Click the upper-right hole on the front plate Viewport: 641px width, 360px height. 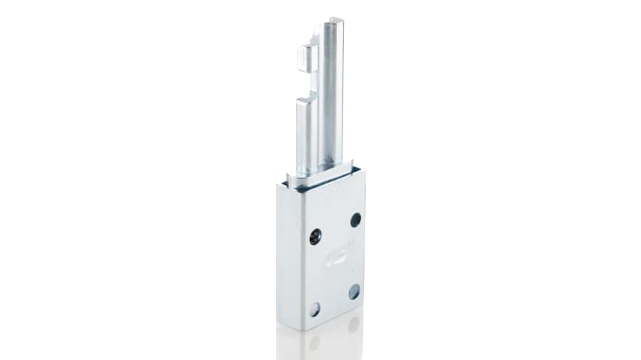(356, 219)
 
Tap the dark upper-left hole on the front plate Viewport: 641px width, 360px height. (314, 237)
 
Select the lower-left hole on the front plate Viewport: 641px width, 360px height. (314, 309)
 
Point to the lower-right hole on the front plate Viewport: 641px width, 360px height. (354, 291)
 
